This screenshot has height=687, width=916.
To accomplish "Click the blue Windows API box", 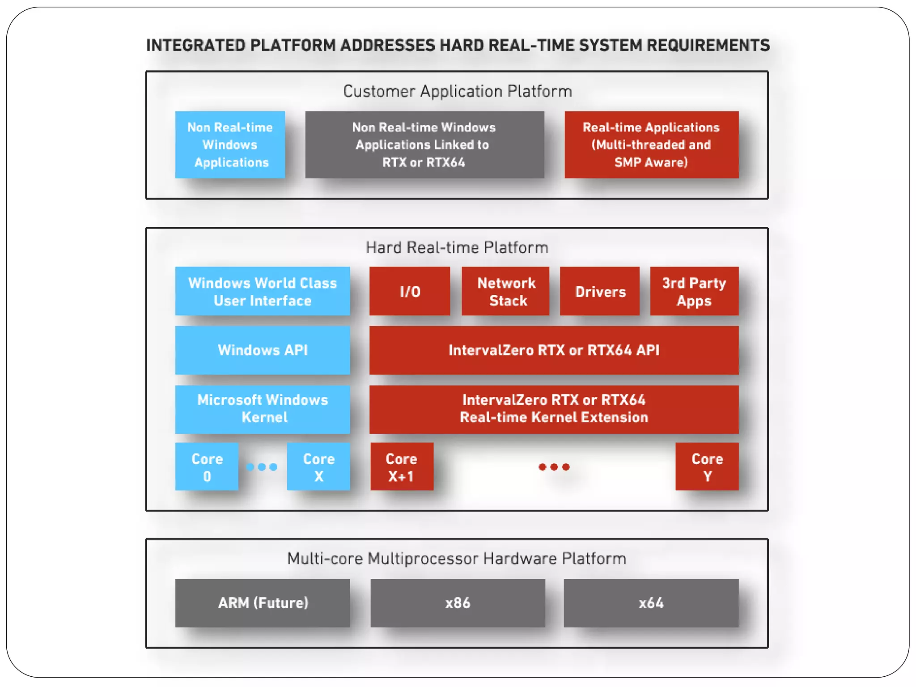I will point(263,350).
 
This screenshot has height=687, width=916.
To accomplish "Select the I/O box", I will point(410,292).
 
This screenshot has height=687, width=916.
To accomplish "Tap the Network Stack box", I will point(505,292).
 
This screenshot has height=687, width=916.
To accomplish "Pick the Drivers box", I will point(600,292).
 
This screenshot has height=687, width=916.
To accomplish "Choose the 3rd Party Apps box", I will point(694,292).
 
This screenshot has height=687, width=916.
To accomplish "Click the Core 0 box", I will point(207,467).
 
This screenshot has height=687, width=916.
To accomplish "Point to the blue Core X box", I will point(318,467).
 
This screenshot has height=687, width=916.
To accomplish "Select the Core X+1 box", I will point(402,467).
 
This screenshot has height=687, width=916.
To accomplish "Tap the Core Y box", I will point(707,467).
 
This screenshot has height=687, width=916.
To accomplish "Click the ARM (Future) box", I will point(263,603).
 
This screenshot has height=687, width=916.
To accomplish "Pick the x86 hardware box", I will point(458,603).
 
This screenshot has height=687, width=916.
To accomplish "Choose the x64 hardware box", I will point(651,603).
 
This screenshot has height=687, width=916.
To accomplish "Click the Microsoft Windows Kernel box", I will point(263,409).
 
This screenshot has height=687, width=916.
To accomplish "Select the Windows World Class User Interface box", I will point(263,292).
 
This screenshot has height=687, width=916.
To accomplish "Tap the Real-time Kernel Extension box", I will point(554,409).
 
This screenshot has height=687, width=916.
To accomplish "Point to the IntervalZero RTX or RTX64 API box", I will point(554,350).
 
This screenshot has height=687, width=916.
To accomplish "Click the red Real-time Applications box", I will point(651,145).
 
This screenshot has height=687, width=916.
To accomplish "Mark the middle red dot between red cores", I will point(554,467).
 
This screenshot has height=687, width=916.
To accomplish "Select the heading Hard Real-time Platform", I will point(457,248).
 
